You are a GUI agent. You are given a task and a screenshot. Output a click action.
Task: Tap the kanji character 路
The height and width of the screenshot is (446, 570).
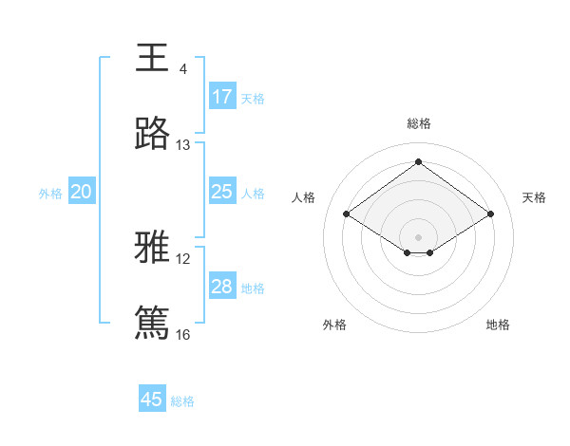click(x=152, y=135)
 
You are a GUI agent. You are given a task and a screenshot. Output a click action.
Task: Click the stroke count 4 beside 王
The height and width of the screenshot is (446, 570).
click(x=182, y=69)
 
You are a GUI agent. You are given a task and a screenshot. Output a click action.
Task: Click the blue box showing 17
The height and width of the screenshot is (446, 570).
click(x=222, y=97)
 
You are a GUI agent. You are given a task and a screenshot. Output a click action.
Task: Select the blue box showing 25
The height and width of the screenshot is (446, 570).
click(x=222, y=192)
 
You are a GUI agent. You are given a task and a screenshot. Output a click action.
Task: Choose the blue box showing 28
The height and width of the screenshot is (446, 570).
click(x=222, y=287)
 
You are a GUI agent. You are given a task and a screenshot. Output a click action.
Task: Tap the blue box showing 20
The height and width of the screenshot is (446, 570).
click(x=82, y=192)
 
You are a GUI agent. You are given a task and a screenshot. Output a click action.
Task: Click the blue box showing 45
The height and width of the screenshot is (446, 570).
click(x=152, y=400)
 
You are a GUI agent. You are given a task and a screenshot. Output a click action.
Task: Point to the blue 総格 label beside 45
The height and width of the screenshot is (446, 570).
click(x=182, y=401)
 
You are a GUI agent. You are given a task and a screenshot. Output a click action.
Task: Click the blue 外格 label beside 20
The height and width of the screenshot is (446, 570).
click(x=50, y=194)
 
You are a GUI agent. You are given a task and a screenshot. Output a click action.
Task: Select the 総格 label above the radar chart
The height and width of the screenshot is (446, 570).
click(x=419, y=123)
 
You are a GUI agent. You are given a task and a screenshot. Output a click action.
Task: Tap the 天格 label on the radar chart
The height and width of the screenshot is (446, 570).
click(x=534, y=197)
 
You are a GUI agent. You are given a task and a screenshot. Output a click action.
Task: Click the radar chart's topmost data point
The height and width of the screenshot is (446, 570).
click(x=418, y=162)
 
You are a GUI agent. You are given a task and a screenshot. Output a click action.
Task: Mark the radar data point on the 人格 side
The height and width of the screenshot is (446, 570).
click(x=347, y=214)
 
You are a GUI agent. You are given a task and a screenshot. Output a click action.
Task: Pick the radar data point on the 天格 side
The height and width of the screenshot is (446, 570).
click(x=490, y=214)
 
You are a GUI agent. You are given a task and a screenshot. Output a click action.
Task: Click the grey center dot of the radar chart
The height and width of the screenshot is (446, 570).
click(x=418, y=236)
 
